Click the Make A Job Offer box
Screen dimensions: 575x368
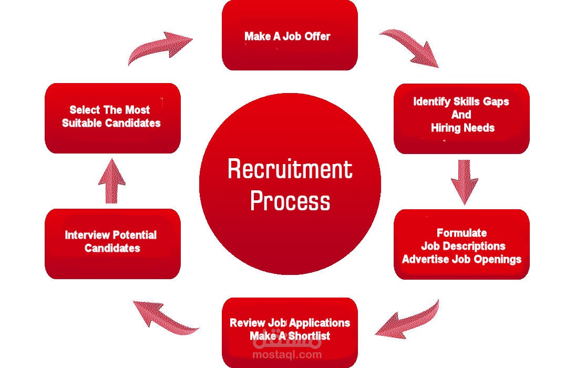coord(290,35)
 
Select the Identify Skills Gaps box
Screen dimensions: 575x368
coord(461,118)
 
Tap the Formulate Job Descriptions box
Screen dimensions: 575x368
coord(461,244)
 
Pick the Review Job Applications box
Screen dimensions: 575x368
coord(290,332)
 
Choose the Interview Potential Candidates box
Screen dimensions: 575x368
coord(112,244)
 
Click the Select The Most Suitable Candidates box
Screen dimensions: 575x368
coord(112,118)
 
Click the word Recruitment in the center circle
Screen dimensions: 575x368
coord(290,169)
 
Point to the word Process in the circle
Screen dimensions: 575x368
coord(290,201)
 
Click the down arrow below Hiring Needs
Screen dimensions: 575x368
coord(464,181)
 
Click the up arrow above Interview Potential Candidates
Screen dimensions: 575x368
coord(112,181)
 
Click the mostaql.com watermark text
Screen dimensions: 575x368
coord(287,355)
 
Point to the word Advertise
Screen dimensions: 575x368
coord(426,259)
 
